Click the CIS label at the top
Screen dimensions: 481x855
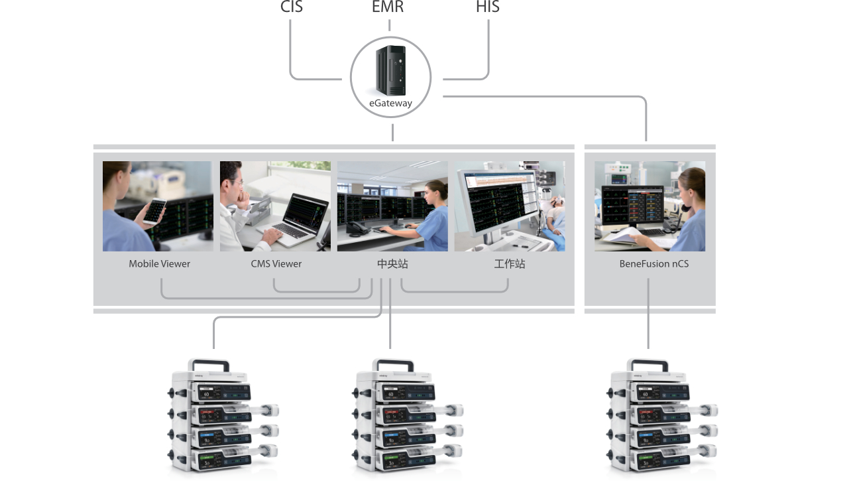[291, 7]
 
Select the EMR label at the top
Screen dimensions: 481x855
[388, 7]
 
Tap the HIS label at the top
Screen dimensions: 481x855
[487, 7]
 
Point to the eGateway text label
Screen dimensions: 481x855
[390, 103]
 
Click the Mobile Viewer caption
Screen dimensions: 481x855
[159, 264]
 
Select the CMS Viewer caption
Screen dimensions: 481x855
[276, 264]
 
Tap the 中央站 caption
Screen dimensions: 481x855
[392, 264]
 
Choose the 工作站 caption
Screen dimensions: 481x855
[509, 264]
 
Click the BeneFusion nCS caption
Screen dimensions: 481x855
[654, 264]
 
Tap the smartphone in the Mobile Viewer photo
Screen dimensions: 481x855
[156, 211]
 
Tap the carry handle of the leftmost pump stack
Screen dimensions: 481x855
[209, 364]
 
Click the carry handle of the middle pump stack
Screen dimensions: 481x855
[394, 364]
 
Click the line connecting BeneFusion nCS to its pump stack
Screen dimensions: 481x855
[648, 315]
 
